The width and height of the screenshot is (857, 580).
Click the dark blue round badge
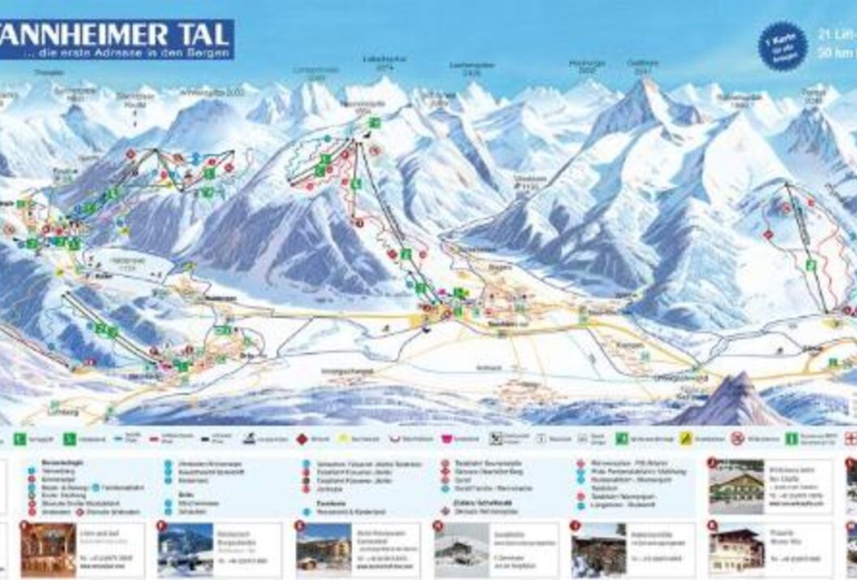click(x=782, y=46)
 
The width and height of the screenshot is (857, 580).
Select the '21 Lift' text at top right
click(x=836, y=34)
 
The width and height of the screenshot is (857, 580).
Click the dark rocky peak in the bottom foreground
click(x=734, y=402)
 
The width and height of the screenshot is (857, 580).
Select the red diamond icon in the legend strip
click(x=301, y=439)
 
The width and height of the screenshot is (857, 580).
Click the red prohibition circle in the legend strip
click(x=737, y=439)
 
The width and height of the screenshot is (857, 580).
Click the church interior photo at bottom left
click(x=48, y=549)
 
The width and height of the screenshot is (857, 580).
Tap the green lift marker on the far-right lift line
click(x=809, y=264)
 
